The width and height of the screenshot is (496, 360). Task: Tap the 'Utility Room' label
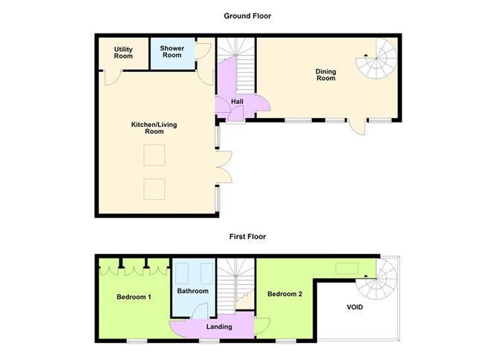click(123, 53)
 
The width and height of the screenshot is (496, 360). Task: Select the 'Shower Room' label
click(172, 52)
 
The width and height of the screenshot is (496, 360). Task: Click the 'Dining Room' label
click(326, 75)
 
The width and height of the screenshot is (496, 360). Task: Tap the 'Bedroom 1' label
click(134, 297)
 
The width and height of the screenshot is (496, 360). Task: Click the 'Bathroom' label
click(192, 291)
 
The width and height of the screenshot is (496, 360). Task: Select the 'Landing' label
click(219, 327)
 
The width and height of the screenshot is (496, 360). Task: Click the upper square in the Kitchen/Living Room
click(154, 155)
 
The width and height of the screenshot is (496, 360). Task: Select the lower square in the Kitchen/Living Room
click(154, 189)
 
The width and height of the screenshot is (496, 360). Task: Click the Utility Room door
click(109, 76)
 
